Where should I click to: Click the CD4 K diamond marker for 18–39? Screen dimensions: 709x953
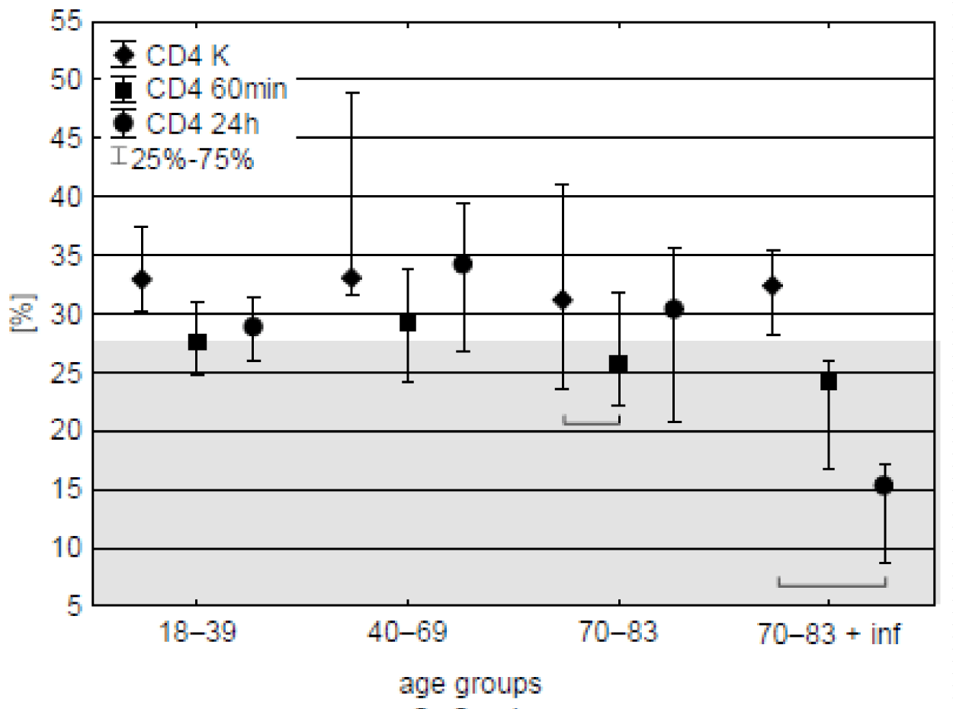point(141,279)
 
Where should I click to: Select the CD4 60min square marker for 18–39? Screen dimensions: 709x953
point(197,342)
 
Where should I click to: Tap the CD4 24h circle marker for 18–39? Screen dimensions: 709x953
point(253,327)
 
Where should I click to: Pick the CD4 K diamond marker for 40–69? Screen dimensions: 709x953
point(351,278)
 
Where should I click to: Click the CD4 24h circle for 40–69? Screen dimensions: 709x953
point(462,265)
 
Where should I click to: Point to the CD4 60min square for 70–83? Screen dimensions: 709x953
point(618,364)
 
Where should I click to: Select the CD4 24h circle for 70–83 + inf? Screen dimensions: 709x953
point(884,486)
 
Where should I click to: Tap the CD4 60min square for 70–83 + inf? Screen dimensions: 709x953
point(829,381)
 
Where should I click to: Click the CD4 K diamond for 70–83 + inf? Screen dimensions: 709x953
point(772,286)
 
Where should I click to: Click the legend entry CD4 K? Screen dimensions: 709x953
point(188,56)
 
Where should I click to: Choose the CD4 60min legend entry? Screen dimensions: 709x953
point(216,89)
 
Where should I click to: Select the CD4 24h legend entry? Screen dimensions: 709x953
point(199,124)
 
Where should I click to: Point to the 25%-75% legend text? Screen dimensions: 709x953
point(191,159)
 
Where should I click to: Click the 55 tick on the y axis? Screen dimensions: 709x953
point(65,21)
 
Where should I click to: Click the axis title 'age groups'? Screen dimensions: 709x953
point(470,684)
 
